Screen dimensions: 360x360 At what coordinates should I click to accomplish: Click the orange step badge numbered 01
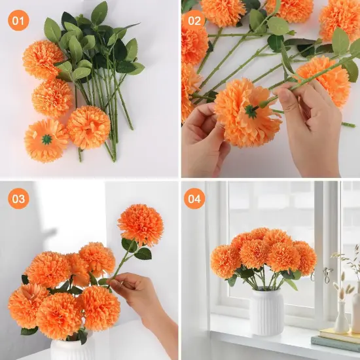(19, 20)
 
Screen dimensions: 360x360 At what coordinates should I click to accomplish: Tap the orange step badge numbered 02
(194, 20)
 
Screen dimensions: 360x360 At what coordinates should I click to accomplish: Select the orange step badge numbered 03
(19, 198)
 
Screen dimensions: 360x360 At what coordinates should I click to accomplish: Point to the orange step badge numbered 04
(194, 198)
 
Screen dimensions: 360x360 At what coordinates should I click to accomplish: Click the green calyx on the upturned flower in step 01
(46, 139)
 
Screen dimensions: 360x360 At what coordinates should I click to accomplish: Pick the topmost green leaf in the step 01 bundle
(99, 12)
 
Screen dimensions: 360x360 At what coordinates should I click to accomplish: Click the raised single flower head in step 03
(141, 225)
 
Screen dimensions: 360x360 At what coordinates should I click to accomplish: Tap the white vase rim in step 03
(72, 342)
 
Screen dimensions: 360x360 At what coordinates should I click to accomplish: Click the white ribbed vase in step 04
(267, 311)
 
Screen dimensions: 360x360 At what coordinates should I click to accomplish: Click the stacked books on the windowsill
(335, 341)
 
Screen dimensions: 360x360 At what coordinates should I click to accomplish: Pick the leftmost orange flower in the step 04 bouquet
(225, 261)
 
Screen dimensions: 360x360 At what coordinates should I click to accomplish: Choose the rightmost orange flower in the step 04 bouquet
(304, 257)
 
